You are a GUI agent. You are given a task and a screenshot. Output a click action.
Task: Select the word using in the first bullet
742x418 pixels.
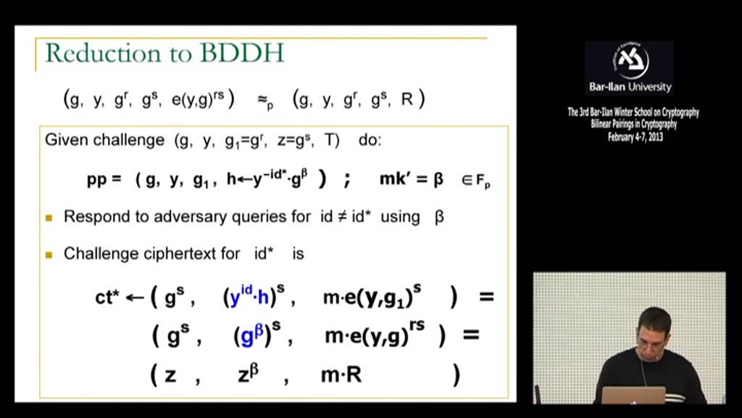[400, 216]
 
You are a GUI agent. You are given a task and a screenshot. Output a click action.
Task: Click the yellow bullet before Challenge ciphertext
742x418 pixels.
[49, 254]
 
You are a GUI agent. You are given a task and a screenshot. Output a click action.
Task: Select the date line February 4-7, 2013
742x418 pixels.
[635, 136]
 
